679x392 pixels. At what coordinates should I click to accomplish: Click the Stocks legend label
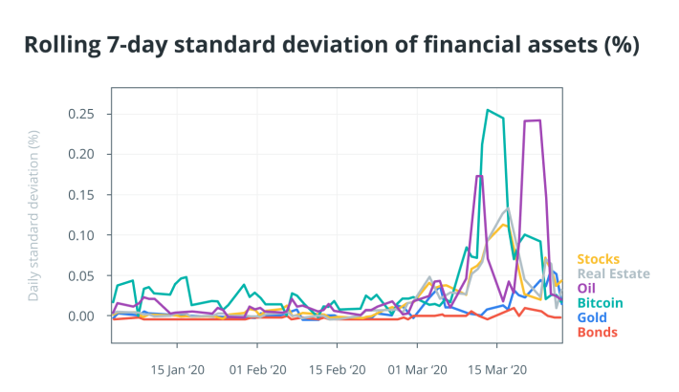[598, 259]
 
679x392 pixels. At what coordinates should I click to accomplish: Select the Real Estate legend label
[614, 273]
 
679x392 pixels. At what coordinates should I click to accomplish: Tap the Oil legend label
[586, 289]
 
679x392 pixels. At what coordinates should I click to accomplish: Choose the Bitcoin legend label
[601, 303]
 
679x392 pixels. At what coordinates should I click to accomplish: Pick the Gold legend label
[592, 317]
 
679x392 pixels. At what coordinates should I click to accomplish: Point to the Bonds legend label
[598, 332]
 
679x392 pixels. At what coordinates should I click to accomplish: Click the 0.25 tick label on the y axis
[81, 114]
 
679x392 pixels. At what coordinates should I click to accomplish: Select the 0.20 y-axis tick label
[81, 154]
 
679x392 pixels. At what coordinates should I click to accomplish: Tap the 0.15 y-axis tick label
[81, 195]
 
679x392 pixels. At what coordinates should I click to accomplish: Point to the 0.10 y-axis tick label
[81, 235]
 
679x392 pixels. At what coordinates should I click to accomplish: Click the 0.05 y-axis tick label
[81, 276]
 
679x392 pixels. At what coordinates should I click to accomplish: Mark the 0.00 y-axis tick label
[81, 316]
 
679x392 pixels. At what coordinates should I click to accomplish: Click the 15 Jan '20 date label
[178, 370]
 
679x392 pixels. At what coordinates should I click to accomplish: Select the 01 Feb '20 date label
[257, 370]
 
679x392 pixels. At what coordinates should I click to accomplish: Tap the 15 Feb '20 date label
[338, 370]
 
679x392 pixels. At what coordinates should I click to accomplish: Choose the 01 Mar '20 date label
[418, 370]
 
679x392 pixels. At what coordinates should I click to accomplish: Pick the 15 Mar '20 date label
[497, 370]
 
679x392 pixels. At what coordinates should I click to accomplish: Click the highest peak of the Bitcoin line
[488, 110]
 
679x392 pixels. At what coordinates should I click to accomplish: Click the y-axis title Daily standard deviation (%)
[33, 216]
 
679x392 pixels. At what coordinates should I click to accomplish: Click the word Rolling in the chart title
[62, 45]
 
